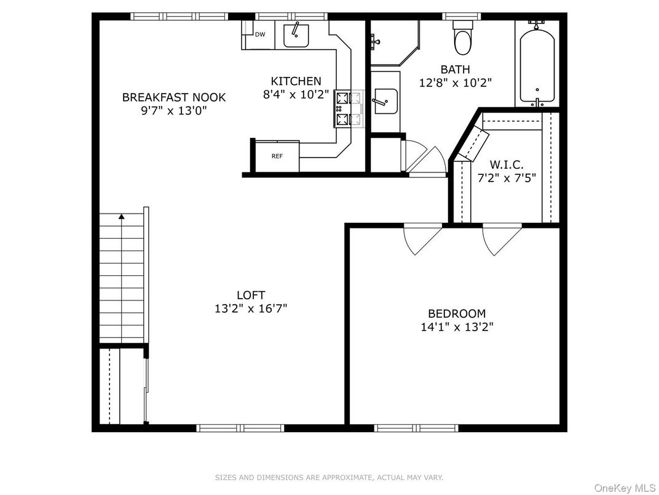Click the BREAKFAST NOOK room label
173,97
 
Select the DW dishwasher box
260,34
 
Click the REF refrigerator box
277,156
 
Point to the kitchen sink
296,35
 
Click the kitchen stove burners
341,108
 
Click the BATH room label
455,70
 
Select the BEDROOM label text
457,313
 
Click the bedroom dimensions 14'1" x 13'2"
457,328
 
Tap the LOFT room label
251,296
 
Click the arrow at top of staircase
122,216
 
